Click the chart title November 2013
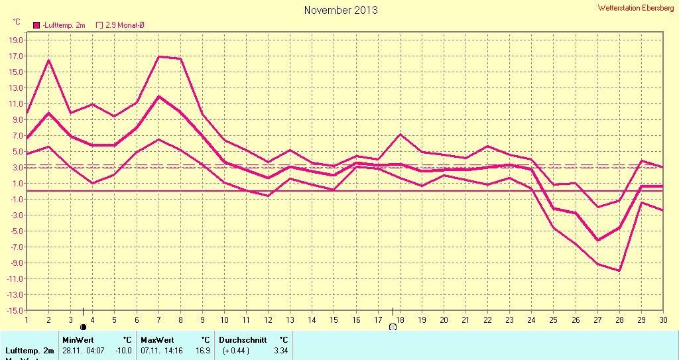coord(341,10)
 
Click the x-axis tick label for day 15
coord(334,320)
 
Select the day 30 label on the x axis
coord(662,320)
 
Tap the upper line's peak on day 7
coord(158,56)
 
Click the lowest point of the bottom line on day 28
coord(619,270)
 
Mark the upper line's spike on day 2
coord(48,60)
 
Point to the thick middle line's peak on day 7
coord(158,97)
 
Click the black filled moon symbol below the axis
coord(83,327)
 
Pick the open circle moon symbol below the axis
coord(393,327)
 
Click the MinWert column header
coord(78,339)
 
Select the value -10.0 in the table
coord(124,350)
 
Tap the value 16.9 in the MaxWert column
coord(203,350)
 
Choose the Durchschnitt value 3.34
coord(281,350)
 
